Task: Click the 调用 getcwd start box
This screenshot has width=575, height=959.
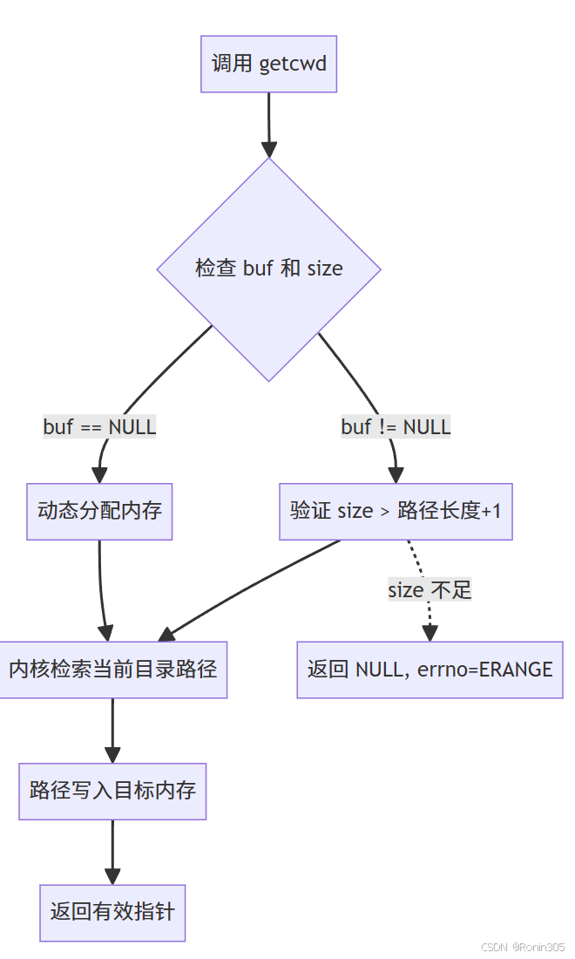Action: tap(268, 64)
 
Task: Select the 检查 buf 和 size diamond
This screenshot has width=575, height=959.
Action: tap(268, 269)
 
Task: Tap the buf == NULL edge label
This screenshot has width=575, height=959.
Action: tap(99, 427)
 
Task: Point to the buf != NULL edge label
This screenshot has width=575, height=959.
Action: tap(396, 427)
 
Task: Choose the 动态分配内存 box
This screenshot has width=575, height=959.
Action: tap(99, 511)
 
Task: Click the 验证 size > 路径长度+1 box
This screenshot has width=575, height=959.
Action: tap(396, 511)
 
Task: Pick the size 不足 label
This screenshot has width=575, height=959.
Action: tap(430, 590)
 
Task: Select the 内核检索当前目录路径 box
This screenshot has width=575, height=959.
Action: tap(112, 670)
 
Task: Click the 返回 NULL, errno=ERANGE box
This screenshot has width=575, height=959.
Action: tap(430, 670)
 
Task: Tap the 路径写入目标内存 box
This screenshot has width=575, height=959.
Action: tap(112, 791)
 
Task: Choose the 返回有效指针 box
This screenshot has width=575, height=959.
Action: tap(112, 912)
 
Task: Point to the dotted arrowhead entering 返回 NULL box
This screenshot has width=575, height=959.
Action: tap(430, 633)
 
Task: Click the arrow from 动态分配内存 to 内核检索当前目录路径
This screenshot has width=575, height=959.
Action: tap(101, 584)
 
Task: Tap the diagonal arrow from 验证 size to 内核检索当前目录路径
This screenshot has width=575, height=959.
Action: tap(253, 584)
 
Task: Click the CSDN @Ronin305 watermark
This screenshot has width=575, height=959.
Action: tap(523, 947)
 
